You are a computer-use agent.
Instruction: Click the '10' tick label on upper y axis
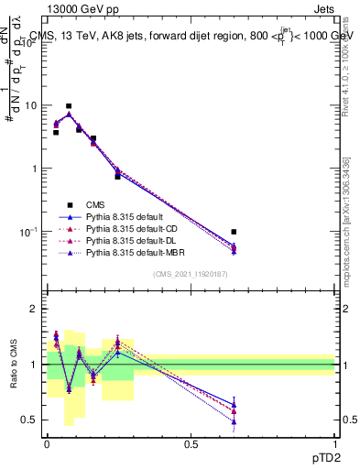pyautogui.click(x=29, y=105)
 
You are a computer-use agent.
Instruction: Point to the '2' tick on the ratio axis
pyautogui.click(x=34, y=310)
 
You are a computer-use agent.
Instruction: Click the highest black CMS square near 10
pyautogui.click(x=69, y=106)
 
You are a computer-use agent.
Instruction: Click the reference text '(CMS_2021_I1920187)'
pyautogui.click(x=190, y=275)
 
